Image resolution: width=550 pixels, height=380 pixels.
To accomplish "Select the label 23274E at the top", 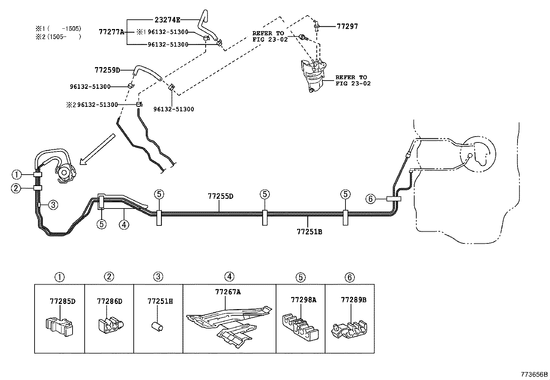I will click(167, 20).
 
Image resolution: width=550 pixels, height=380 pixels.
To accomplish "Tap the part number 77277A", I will click(111, 32).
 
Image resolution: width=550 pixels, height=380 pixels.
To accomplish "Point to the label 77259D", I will click(107, 70).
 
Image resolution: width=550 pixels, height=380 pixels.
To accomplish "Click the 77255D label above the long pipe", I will click(220, 196).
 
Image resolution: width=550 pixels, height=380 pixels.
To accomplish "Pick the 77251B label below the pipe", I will click(309, 231).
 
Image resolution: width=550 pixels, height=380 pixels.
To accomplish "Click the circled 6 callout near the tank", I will click(370, 198).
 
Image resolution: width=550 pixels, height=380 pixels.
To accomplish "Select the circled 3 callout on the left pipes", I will click(53, 205).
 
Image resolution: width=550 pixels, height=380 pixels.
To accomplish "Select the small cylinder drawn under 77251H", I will click(158, 326).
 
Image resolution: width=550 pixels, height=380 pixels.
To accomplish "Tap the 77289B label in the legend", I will click(353, 300).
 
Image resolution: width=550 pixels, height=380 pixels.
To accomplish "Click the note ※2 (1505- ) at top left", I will click(58, 36).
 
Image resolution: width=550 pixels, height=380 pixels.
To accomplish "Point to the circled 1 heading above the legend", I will click(59, 277).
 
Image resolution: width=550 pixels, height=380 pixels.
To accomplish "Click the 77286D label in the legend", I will click(110, 301).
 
